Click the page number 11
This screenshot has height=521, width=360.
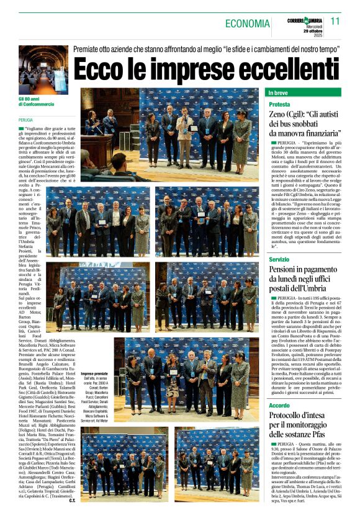(x=335, y=20)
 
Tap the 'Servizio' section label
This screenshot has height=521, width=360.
(x=279, y=259)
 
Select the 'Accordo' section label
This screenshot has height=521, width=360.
(x=279, y=406)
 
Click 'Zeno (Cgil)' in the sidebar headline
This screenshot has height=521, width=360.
(x=294, y=116)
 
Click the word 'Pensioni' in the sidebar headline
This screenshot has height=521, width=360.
(x=287, y=270)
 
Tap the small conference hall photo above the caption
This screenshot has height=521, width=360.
(x=43, y=69)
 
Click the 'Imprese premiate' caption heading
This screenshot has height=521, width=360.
(x=94, y=375)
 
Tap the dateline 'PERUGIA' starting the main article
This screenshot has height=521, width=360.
(x=26, y=120)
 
